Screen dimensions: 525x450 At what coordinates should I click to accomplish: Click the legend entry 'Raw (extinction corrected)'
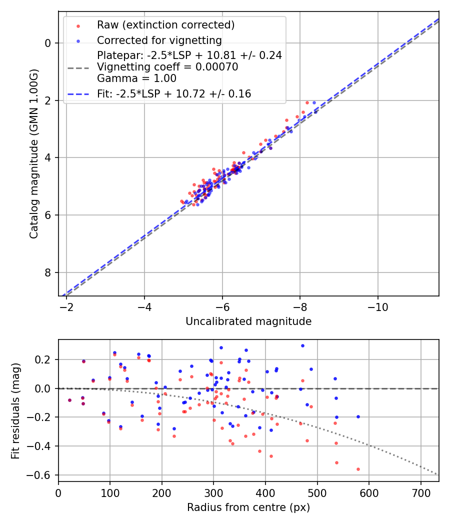coord(165,25)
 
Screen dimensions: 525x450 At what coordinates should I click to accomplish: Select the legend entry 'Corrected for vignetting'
coord(159,40)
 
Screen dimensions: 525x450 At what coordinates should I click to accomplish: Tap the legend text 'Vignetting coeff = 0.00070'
coord(167,67)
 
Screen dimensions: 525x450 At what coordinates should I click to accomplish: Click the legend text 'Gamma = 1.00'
coord(136,78)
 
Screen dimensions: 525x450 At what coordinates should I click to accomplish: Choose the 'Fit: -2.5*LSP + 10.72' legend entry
coord(174,93)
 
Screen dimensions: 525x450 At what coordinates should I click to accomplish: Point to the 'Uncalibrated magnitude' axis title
coord(248,321)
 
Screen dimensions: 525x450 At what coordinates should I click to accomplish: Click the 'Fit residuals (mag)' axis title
coord(15,410)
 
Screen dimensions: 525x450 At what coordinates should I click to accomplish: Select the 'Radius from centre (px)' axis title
coord(248,507)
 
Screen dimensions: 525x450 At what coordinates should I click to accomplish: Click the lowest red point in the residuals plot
coord(358,469)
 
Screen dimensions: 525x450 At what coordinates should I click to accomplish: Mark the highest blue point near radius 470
coord(302,345)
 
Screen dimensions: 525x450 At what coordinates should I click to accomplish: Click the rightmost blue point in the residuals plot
coord(358,416)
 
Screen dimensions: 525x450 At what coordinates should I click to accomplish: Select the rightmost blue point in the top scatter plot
coord(315,112)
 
